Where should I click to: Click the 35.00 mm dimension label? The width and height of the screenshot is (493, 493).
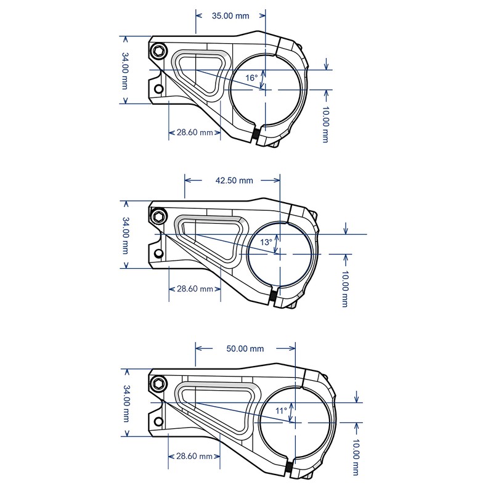(x=230, y=16)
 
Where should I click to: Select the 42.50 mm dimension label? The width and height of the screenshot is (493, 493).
(x=234, y=181)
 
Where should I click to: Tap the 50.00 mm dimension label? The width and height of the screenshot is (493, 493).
(x=245, y=349)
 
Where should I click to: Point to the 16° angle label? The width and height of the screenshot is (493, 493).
(x=251, y=78)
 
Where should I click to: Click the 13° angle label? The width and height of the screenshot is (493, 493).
(x=266, y=243)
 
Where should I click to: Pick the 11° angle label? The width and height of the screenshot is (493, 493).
(x=282, y=410)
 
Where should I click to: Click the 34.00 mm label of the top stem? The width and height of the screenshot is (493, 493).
(x=125, y=70)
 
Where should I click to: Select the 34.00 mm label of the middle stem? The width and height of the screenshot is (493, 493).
(x=125, y=235)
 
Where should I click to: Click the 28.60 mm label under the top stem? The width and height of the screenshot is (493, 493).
(x=195, y=132)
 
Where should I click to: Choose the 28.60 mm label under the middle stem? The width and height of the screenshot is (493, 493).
(x=195, y=288)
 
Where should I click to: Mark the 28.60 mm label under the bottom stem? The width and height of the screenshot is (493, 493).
(x=195, y=457)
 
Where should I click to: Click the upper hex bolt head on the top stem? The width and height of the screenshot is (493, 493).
(x=160, y=51)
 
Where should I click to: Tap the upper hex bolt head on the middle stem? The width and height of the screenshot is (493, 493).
(x=160, y=216)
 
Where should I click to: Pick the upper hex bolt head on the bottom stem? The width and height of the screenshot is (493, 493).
(x=160, y=384)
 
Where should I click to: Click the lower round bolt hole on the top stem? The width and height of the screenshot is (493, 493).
(x=159, y=89)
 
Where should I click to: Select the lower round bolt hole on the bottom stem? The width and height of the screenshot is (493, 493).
(x=159, y=423)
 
